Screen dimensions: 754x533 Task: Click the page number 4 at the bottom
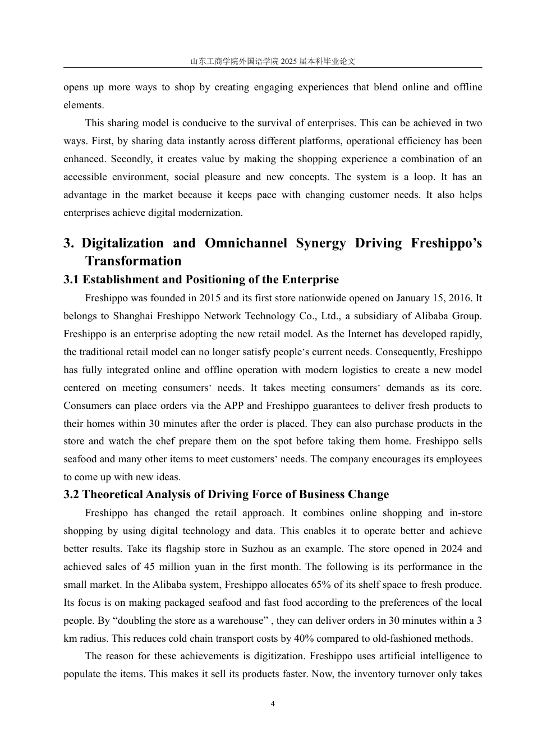[273, 704]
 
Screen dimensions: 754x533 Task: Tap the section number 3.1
[71, 279]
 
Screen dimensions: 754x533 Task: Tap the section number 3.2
[71, 494]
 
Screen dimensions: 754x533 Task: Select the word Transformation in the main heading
[134, 261]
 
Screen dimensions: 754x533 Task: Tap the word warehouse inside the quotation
[240, 620]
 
